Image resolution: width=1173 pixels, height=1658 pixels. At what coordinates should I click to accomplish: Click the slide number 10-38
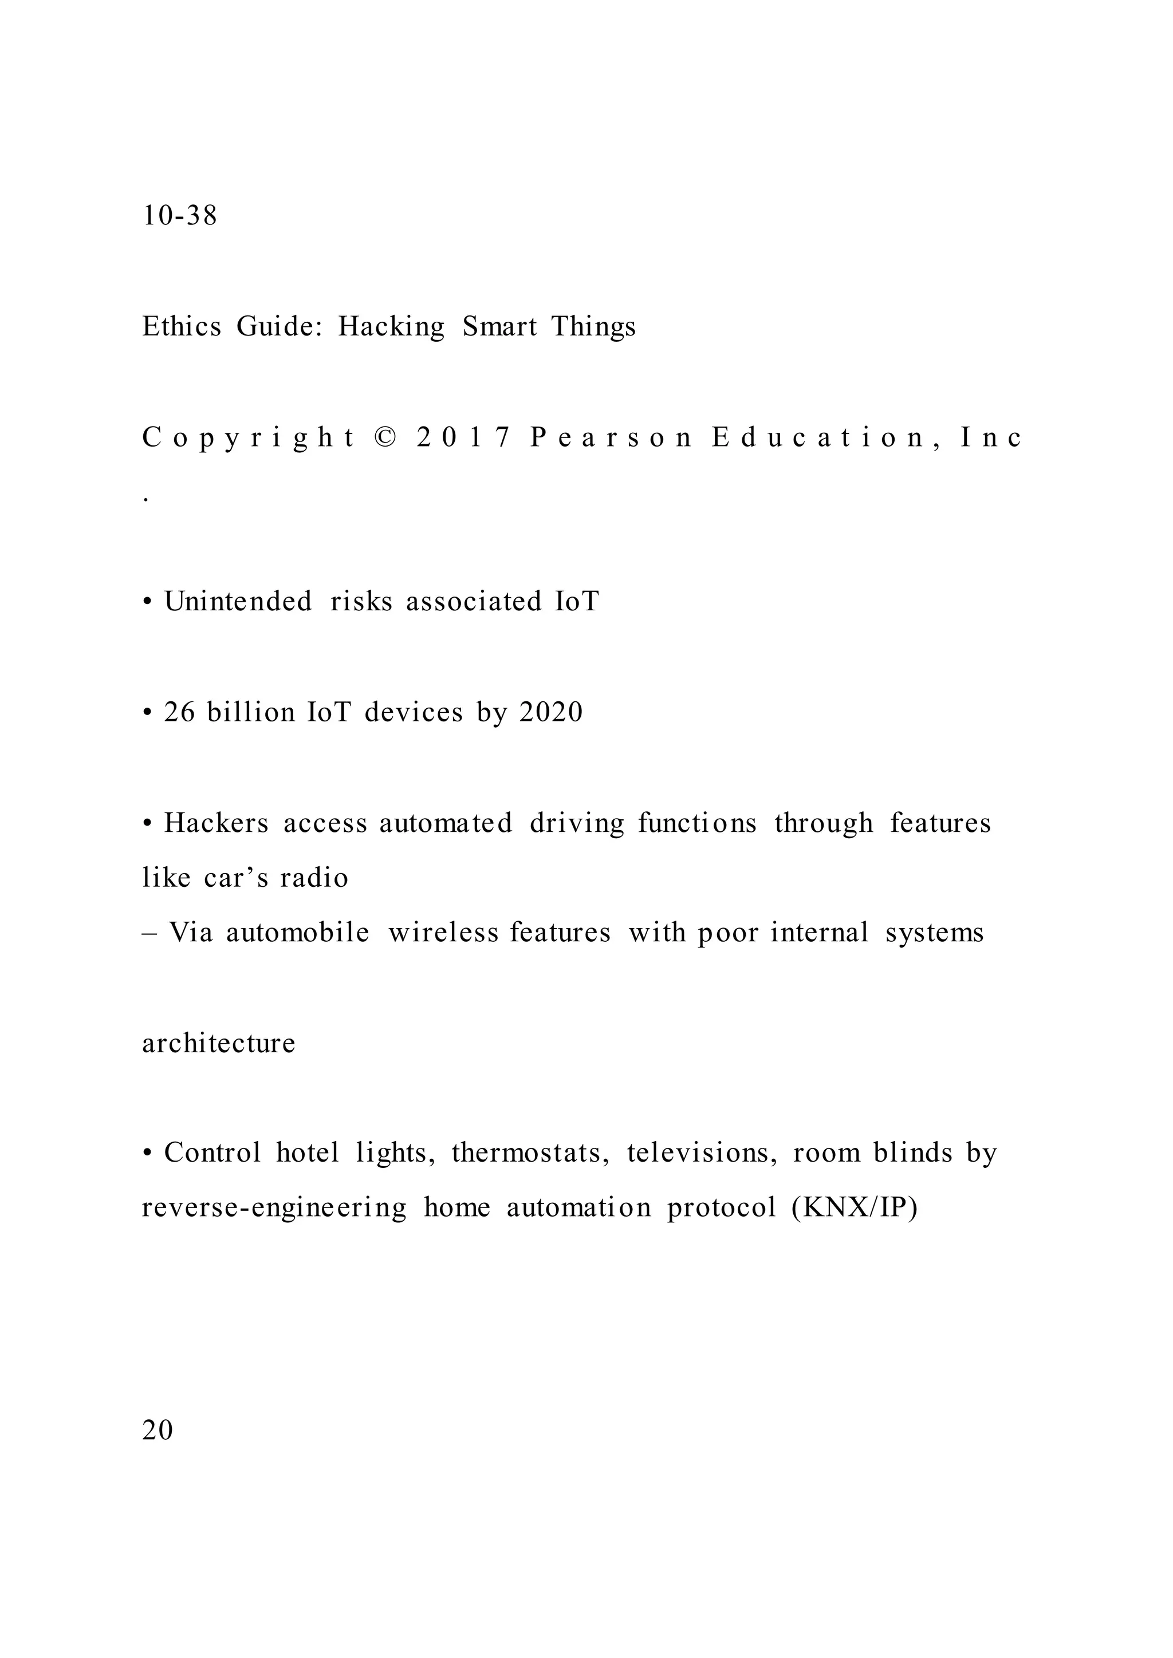click(179, 216)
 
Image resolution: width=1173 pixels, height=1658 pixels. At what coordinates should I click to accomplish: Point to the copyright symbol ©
click(387, 437)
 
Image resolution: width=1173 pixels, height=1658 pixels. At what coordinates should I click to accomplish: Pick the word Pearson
click(611, 437)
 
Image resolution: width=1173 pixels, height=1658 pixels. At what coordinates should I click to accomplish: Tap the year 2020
click(551, 713)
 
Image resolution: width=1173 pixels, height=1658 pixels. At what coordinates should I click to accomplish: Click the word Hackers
click(216, 823)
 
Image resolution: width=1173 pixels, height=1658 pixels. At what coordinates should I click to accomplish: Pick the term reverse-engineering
click(274, 1208)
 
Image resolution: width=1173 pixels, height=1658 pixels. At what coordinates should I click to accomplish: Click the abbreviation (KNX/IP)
click(855, 1208)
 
